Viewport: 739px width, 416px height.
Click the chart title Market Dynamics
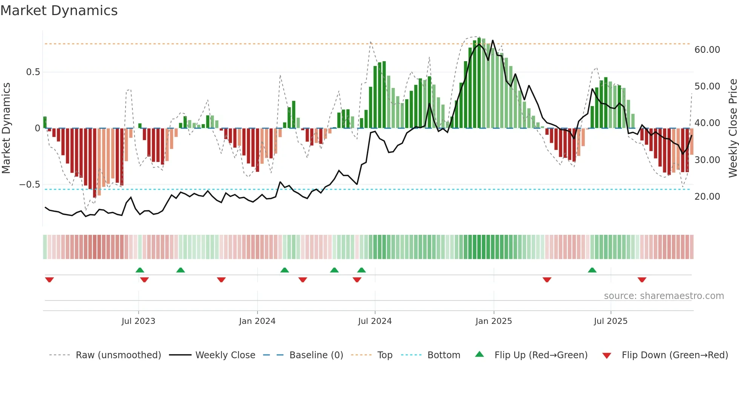pos(59,11)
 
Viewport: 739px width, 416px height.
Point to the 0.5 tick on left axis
pos(33,72)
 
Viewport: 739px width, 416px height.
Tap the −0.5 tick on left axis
pos(30,185)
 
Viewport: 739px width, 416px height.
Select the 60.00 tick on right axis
pos(707,50)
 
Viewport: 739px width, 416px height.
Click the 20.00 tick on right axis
pos(707,197)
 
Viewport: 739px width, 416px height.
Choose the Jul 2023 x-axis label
pos(138,321)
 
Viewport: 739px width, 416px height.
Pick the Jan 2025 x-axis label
pos(494,321)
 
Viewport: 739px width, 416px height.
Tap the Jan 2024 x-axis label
pos(257,321)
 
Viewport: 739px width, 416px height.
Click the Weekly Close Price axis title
pos(733,128)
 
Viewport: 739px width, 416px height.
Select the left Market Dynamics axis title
pos(6,128)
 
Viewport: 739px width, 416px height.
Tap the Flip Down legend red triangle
pos(607,356)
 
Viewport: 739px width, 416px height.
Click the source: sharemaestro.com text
pos(664,296)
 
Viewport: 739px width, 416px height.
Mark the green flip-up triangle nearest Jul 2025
pos(592,270)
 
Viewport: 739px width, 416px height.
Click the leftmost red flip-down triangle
pos(49,280)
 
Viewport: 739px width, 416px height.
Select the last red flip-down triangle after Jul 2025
pos(642,280)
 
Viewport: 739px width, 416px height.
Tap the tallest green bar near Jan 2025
pos(479,83)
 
